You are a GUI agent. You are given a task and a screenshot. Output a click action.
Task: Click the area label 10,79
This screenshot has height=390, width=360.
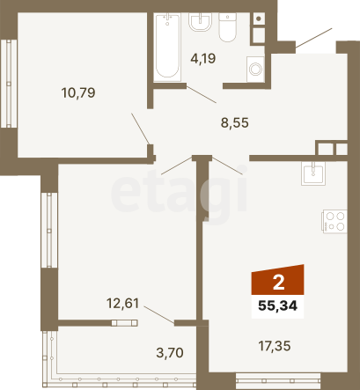78,92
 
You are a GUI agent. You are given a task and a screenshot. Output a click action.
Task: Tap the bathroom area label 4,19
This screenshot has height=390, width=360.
203,58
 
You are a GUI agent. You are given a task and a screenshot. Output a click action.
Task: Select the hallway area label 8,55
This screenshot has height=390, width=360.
235,122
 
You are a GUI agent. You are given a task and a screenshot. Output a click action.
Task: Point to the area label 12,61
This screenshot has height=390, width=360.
122,303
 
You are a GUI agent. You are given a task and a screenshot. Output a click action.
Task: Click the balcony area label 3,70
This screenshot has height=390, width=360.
170,352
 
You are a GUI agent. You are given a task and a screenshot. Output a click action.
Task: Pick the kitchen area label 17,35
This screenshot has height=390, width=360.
275,346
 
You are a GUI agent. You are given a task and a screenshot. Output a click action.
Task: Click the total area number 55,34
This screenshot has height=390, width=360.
277,306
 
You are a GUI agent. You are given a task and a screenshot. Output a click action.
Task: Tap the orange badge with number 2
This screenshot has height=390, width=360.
277,280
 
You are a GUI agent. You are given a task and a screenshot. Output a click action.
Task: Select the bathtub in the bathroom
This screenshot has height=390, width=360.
167,47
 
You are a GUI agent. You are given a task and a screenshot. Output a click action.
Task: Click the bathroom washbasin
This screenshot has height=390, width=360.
200,22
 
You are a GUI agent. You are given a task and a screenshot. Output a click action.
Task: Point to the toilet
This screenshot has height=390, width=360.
227,27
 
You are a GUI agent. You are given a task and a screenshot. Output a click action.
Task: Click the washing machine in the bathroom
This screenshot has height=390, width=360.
255,70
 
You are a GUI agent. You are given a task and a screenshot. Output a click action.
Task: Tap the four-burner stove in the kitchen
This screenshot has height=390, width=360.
334,222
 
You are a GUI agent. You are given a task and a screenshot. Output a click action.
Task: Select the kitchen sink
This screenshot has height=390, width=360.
313,173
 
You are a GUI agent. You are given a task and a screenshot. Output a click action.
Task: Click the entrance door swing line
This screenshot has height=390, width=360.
313,37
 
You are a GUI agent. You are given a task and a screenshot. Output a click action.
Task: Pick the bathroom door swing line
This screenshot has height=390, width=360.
202,94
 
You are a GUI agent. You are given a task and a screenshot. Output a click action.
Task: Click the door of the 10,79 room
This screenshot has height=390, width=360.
141,129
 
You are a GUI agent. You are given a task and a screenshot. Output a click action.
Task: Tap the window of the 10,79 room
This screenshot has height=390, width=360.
9,84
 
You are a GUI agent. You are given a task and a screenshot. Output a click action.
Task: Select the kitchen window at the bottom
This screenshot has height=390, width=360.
278,380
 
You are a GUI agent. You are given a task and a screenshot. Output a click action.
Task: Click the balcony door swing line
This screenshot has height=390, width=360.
159,314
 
